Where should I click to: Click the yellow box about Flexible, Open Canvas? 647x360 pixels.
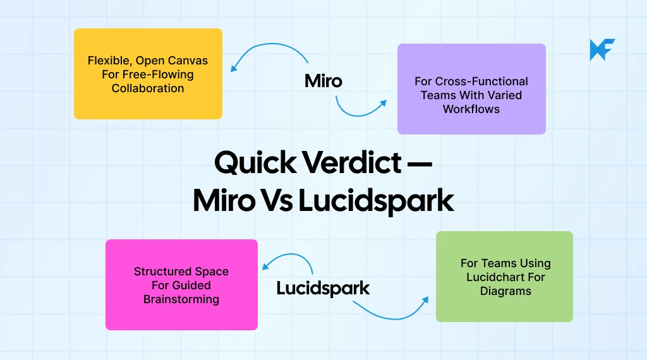[x=148, y=73]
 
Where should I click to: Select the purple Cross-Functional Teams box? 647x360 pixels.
[x=471, y=88]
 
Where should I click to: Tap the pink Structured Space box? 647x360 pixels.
[x=181, y=284]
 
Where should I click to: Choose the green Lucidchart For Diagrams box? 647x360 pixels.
[x=504, y=277]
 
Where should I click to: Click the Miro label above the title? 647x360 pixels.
[x=323, y=81]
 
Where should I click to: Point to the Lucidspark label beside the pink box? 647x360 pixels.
[x=323, y=289]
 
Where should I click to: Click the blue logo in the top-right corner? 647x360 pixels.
[x=602, y=49]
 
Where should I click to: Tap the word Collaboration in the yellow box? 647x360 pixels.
[x=148, y=88]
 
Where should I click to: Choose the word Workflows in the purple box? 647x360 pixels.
[x=471, y=109]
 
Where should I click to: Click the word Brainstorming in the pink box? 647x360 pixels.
[x=181, y=299]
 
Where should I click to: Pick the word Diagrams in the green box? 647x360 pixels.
[x=505, y=291]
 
